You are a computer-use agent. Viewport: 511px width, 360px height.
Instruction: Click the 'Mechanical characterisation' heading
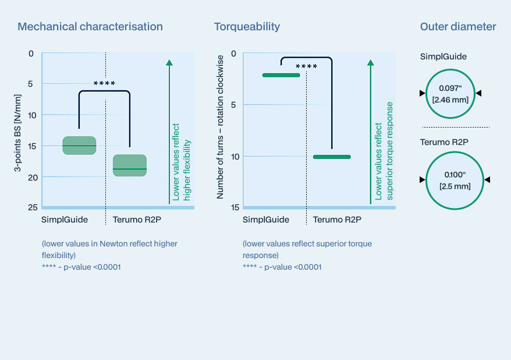coord(90,27)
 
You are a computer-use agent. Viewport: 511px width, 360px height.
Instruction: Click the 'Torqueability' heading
coord(247,27)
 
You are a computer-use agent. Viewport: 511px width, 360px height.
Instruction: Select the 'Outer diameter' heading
coord(458,27)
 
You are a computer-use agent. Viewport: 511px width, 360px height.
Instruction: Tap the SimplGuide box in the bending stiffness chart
coord(79,146)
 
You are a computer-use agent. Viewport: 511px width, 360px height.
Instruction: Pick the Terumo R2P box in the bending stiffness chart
coord(129,165)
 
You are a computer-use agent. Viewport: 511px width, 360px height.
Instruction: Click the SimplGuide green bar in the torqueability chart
coord(281,75)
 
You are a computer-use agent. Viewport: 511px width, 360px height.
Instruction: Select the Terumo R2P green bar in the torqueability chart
coord(332,157)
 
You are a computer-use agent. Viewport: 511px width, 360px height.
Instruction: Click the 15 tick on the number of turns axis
coord(234,207)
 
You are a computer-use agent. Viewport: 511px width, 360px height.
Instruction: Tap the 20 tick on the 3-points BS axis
coord(32,177)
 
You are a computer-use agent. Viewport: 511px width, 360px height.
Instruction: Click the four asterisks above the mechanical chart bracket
coord(104,84)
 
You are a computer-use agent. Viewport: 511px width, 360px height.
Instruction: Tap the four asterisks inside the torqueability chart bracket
coord(306,67)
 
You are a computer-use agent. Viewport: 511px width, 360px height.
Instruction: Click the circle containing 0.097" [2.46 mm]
coord(448,93)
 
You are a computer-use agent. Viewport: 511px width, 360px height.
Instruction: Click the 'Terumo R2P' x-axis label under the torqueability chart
coord(337,220)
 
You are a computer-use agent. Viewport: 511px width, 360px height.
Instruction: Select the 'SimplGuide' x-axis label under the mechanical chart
coord(64,220)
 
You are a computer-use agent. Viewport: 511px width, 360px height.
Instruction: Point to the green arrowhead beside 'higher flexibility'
coord(169,63)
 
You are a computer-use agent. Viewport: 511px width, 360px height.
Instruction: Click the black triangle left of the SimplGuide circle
coord(422,93)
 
